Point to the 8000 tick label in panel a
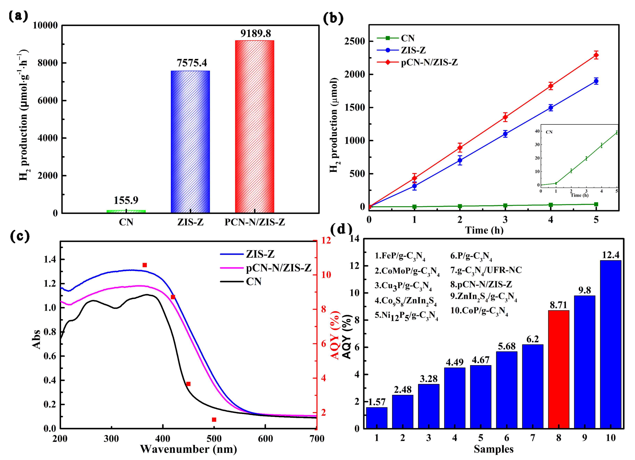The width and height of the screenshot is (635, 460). click(48, 63)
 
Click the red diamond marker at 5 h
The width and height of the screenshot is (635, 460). click(596, 55)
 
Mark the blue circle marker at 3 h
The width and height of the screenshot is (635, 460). click(505, 134)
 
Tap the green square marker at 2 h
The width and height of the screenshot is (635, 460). click(460, 206)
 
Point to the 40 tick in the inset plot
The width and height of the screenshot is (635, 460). click(537, 131)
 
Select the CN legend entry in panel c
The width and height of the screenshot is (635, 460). click(253, 281)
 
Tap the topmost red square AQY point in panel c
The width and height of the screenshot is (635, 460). click(145, 265)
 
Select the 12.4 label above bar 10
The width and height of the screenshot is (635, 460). click(611, 255)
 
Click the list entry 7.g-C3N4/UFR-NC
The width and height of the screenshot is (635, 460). click(486, 270)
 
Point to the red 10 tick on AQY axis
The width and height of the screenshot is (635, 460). click(326, 275)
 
